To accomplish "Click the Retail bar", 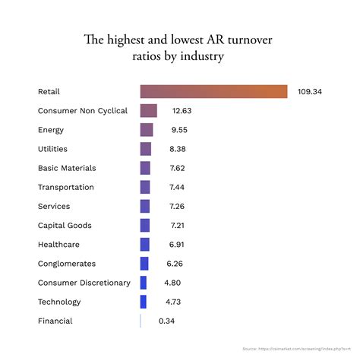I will [x=213, y=92].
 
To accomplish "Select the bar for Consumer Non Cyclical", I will [x=148, y=111].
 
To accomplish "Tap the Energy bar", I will [x=147, y=130].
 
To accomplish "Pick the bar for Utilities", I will [x=146, y=149].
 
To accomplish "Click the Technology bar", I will [x=144, y=302].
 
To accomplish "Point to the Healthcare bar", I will [x=144, y=245].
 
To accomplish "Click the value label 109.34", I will [x=310, y=92].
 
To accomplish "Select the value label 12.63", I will [x=182, y=111].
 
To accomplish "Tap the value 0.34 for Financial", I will [x=167, y=321].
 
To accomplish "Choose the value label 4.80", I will [x=172, y=283].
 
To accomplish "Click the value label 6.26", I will [x=174, y=264].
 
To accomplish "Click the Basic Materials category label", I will [x=67, y=168].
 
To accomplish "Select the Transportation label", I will [x=66, y=187].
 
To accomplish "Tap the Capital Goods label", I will [x=65, y=226].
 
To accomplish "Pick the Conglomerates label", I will [x=67, y=264].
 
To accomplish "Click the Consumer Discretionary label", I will [x=84, y=283].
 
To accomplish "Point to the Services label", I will [x=54, y=207].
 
